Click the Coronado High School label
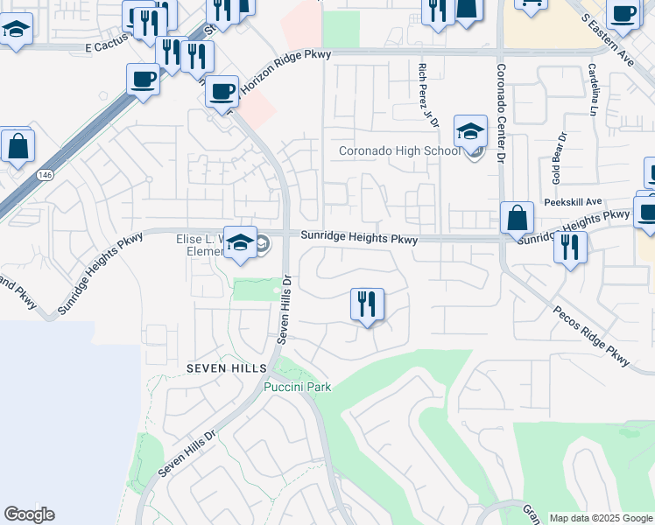point(399,151)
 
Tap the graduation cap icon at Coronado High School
point(470,132)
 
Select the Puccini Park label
point(298,387)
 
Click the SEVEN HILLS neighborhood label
point(220,368)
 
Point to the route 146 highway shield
point(43,176)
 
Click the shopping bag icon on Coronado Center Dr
point(518,218)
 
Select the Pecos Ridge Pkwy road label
point(591,335)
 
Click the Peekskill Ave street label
point(572,201)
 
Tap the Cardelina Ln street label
point(593,90)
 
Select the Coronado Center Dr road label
point(502,114)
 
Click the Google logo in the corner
point(29,514)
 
